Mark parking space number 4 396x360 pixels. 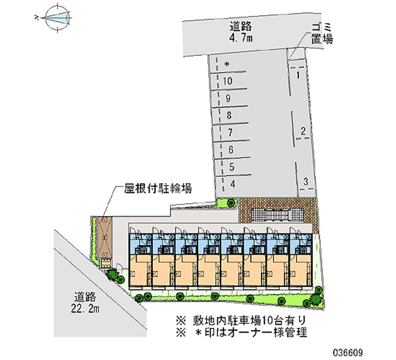(x=232, y=184)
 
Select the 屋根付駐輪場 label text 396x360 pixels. (x=158, y=188)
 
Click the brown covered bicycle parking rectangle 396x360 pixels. (x=105, y=237)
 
